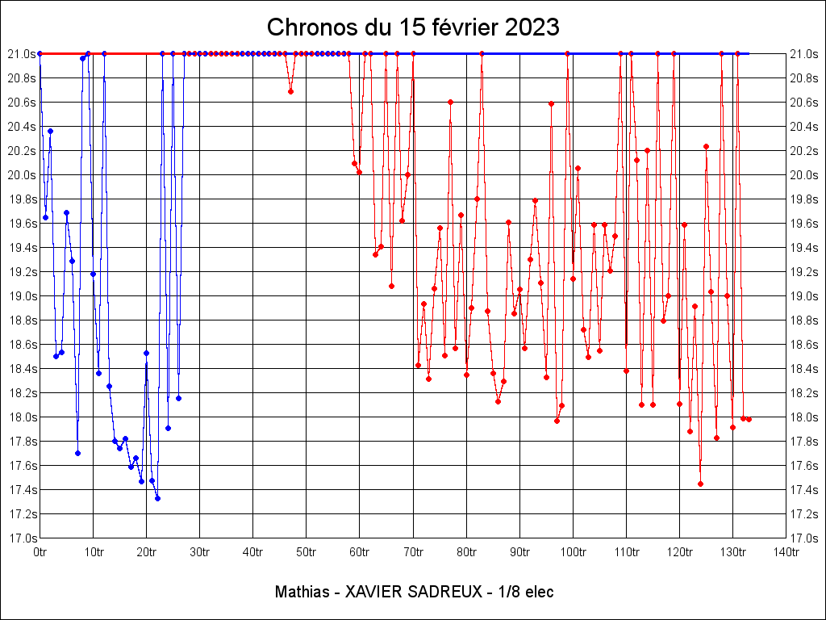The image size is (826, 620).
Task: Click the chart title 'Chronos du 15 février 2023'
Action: click(x=412, y=27)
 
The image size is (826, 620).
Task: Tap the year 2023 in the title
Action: click(x=532, y=27)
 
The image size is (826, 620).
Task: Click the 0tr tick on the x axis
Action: click(x=40, y=552)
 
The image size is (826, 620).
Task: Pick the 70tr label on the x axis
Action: click(x=413, y=552)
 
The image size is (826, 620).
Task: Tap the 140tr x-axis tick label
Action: click(x=786, y=552)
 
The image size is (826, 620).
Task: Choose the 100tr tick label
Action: click(x=573, y=552)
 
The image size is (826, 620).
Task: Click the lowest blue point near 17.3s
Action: click(x=157, y=498)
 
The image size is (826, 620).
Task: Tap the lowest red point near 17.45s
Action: click(x=700, y=484)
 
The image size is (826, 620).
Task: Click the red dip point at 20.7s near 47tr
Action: click(x=290, y=91)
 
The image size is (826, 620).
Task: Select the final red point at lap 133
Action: click(x=749, y=419)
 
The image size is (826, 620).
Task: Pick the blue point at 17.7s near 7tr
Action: click(x=77, y=453)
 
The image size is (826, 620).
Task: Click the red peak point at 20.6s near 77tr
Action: click(x=450, y=102)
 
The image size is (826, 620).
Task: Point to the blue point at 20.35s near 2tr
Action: click(x=50, y=131)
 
